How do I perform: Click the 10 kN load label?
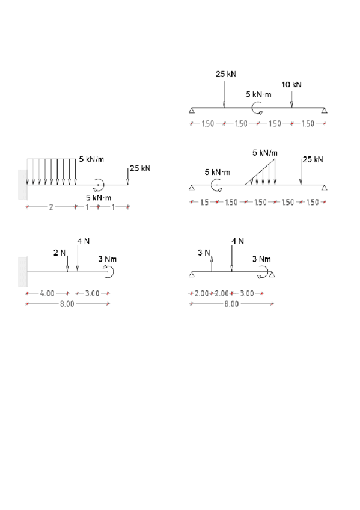click(x=291, y=85)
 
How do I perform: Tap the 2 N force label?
click(x=59, y=253)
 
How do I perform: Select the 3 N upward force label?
click(x=203, y=253)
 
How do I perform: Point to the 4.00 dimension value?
click(x=47, y=293)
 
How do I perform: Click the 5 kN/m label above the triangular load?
click(x=265, y=153)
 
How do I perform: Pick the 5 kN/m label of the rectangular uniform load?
click(x=91, y=159)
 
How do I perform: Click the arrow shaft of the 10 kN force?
click(x=291, y=99)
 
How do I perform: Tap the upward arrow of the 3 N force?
click(x=212, y=263)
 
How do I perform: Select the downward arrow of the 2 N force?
click(x=67, y=264)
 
